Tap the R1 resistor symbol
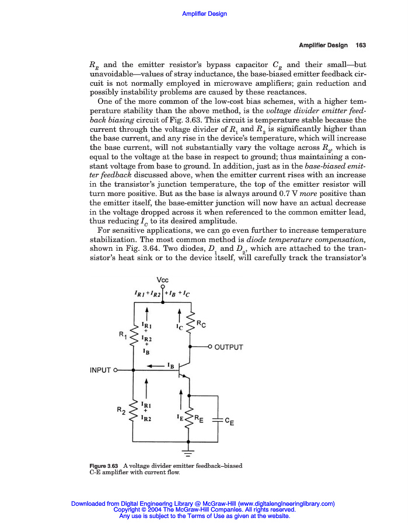[134, 337]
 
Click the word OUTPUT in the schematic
[229, 348]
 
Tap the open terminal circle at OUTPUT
[210, 348]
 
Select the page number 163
[361, 45]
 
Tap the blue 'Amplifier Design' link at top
[204, 13]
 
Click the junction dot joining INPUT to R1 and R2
[134, 370]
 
